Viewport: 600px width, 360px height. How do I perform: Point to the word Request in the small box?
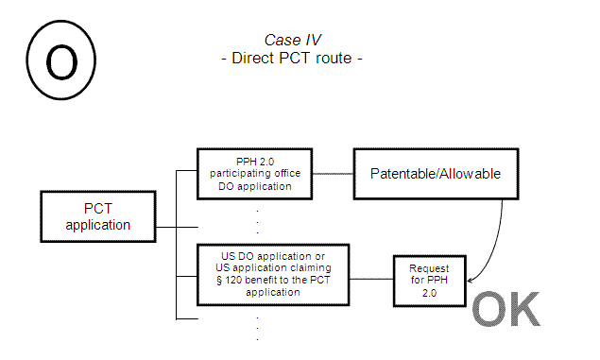point(430,268)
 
